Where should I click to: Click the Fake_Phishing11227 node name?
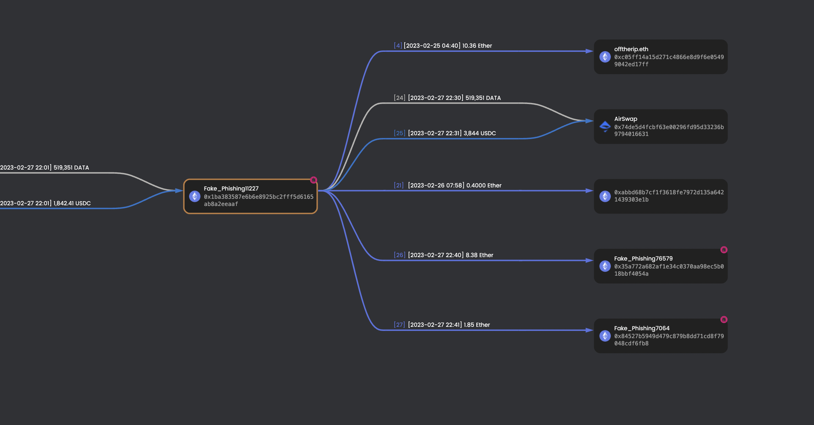click(231, 188)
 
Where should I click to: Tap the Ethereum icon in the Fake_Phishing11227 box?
click(195, 196)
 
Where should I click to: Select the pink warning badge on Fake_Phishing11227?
click(313, 180)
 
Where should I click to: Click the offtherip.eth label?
click(631, 49)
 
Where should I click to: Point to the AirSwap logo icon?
click(605, 126)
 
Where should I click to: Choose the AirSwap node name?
click(625, 119)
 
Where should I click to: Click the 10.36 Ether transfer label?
click(477, 46)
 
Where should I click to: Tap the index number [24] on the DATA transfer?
click(399, 98)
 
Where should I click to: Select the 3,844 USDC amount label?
click(479, 133)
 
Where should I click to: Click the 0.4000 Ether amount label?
click(484, 185)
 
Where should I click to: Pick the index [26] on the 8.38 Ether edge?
click(399, 255)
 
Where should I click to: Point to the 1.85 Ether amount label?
click(477, 325)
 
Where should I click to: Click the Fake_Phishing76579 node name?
click(643, 259)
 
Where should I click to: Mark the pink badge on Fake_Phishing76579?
click(724, 250)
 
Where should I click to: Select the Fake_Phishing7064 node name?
click(641, 328)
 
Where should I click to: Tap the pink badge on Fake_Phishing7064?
click(724, 319)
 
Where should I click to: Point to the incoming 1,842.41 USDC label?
click(72, 203)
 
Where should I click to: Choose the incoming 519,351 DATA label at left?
click(71, 168)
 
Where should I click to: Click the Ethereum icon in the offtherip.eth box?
click(605, 57)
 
